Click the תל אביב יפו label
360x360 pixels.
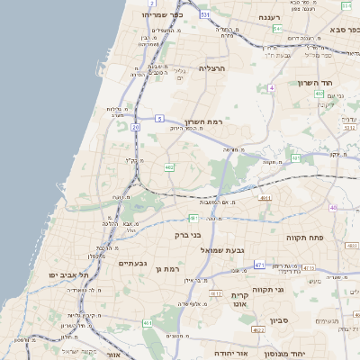[x=70, y=274]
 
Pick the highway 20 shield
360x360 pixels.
[x=135, y=128]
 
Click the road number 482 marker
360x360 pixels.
[x=169, y=167]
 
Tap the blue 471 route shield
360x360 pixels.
[x=259, y=265]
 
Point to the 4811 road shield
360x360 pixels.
[x=265, y=197]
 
